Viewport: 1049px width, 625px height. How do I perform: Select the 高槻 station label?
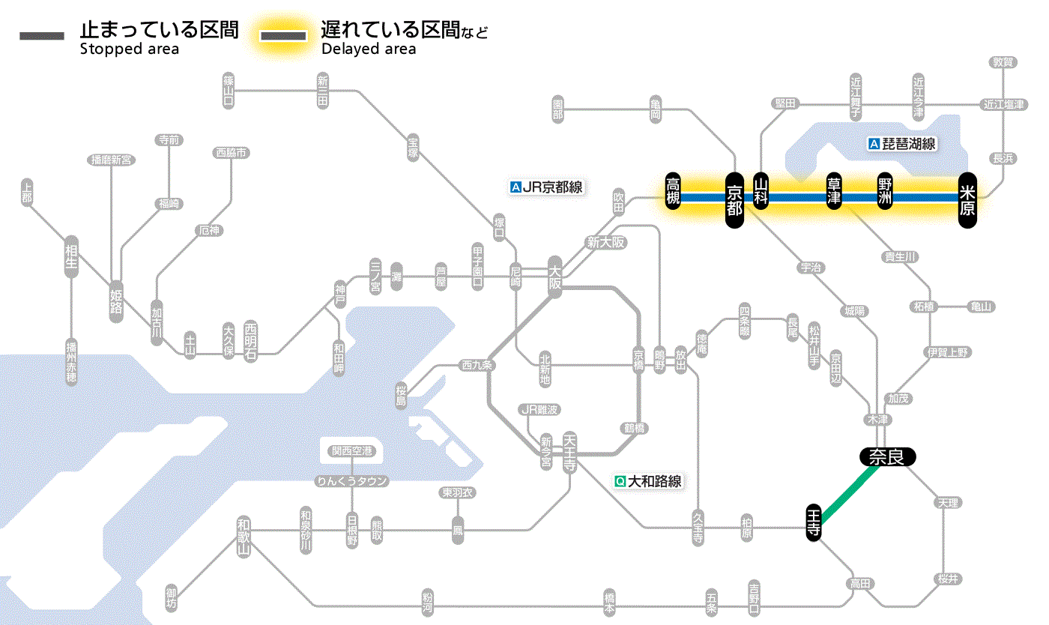pyautogui.click(x=673, y=193)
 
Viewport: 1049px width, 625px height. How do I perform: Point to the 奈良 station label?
pyautogui.click(x=887, y=456)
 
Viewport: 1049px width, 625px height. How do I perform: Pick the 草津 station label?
pyautogui.click(x=833, y=193)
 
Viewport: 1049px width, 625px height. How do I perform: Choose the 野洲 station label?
pyautogui.click(x=886, y=193)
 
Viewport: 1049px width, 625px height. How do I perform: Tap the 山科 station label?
pyautogui.click(x=761, y=193)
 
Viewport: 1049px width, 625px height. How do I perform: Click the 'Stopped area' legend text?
pyautogui.click(x=129, y=49)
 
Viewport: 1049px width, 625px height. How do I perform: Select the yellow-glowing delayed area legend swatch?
pyautogui.click(x=283, y=36)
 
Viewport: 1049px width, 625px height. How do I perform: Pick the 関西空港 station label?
pyautogui.click(x=351, y=451)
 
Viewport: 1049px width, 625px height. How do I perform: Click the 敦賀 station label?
pyautogui.click(x=1003, y=62)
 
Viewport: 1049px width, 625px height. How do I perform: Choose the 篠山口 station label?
pyautogui.click(x=229, y=90)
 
